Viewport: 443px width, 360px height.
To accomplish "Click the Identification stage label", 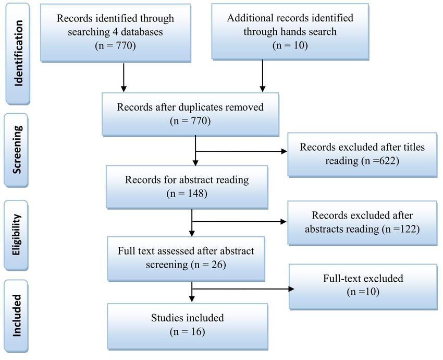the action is [18, 53].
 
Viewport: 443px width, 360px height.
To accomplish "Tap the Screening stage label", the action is [17, 149].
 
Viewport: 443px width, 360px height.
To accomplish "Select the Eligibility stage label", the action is [16, 235].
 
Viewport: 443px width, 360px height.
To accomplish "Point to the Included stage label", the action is [17, 316].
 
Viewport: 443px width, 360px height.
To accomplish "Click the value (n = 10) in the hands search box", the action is [290, 45].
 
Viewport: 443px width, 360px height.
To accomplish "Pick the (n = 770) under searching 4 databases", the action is [115, 45].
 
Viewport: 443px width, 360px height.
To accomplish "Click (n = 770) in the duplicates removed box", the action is [190, 121].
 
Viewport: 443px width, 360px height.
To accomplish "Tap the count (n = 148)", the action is [187, 194].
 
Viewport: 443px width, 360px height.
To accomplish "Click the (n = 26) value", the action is [208, 265].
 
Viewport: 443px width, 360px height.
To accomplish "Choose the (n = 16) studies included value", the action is [187, 331].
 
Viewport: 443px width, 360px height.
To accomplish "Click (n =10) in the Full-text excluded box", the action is [363, 292].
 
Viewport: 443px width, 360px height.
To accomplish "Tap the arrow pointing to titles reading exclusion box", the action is [241, 151].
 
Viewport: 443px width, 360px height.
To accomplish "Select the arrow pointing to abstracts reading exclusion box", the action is [239, 222].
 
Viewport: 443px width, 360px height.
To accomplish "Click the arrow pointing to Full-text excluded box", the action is [243, 289].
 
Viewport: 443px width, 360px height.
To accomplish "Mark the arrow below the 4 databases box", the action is [124, 77].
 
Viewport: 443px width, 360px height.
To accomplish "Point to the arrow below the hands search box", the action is [263, 76].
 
